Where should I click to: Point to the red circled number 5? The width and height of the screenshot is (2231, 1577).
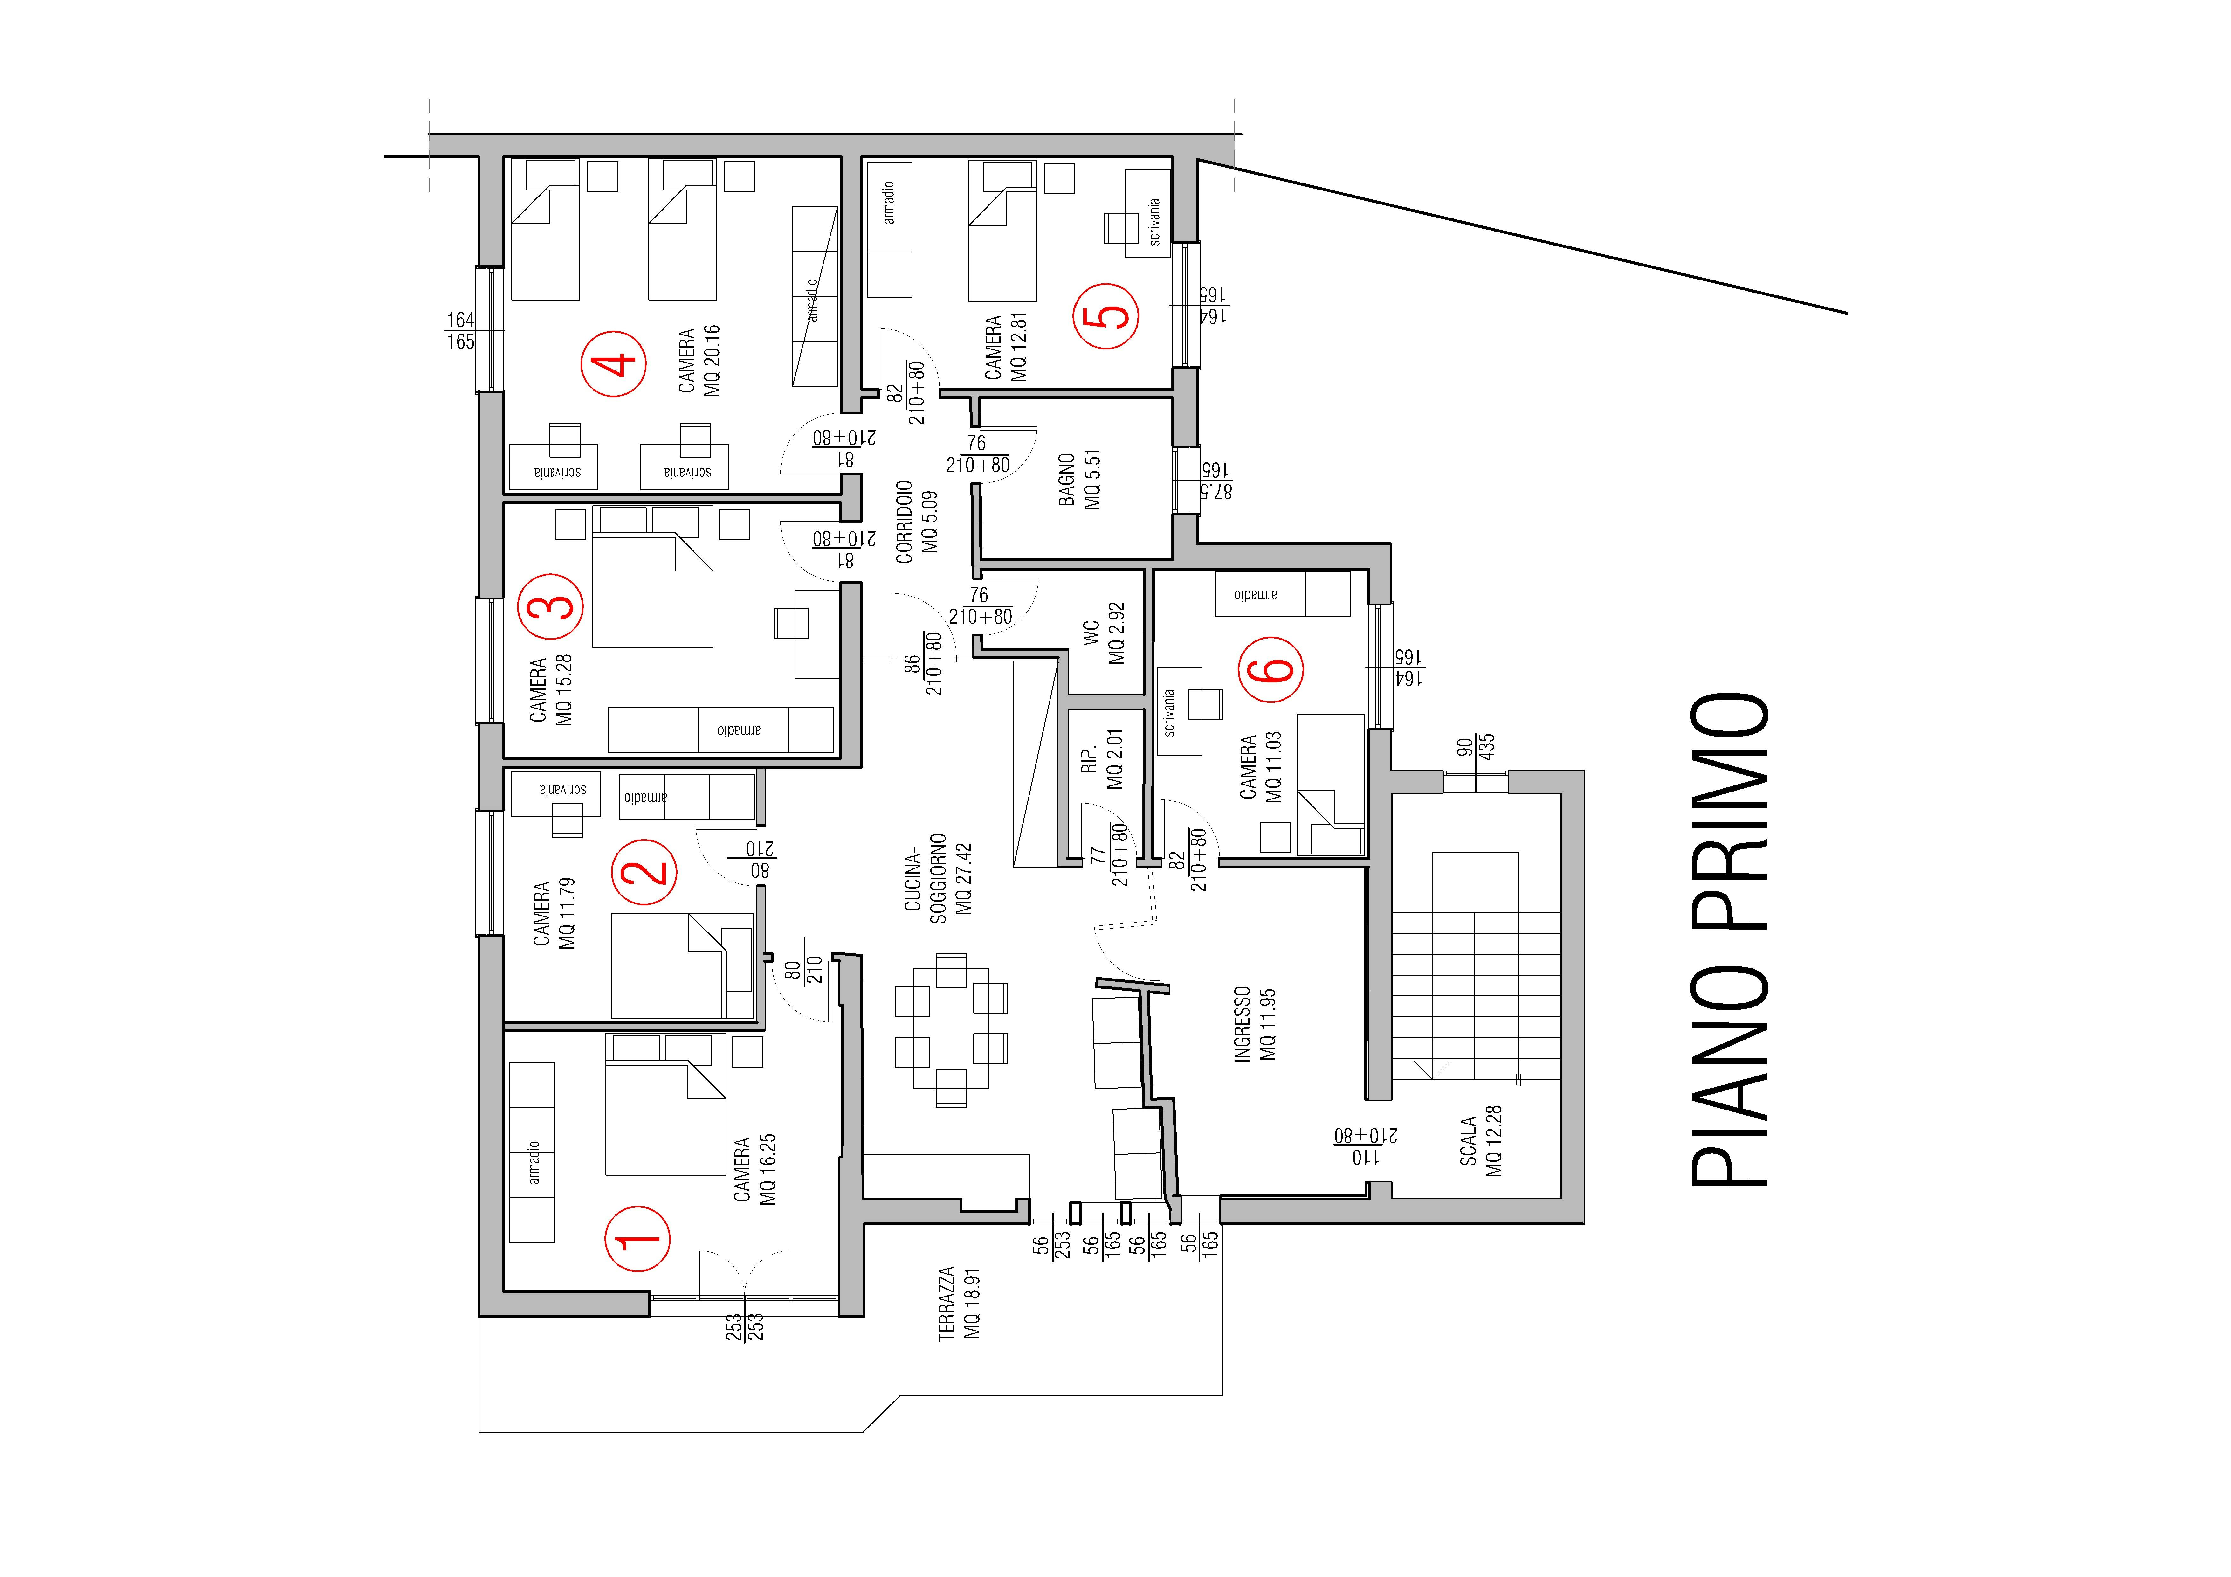[1106, 315]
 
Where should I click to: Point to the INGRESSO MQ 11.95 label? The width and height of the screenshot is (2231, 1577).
[1255, 1025]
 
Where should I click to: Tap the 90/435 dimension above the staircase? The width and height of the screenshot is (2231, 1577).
[1475, 747]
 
